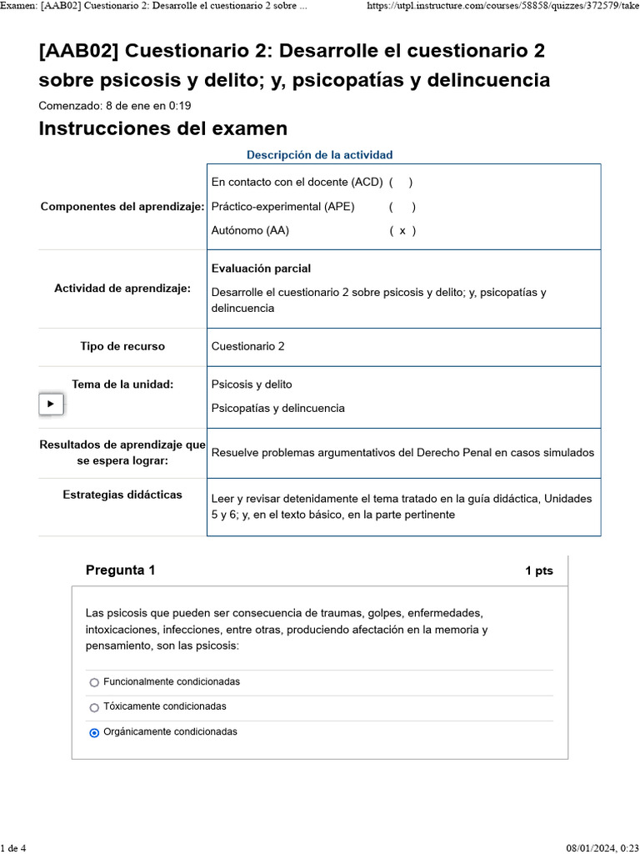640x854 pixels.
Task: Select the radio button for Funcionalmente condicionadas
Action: pos(94,682)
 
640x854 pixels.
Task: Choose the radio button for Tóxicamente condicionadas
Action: pos(94,707)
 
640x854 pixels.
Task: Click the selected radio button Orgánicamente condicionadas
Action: pos(94,732)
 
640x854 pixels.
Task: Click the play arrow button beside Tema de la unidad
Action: pos(51,404)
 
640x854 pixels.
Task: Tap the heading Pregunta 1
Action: pos(120,570)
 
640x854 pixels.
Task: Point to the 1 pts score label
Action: pos(538,571)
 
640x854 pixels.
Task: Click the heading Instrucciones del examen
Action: pos(162,128)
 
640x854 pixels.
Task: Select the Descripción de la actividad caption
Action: pos(319,155)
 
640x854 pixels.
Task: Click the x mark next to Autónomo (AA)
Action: pos(402,231)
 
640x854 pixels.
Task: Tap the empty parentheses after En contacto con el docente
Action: pos(400,182)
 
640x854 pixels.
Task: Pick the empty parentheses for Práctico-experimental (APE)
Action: pos(402,207)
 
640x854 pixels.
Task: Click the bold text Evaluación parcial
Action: pos(261,269)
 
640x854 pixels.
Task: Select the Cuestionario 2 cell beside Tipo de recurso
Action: pos(247,346)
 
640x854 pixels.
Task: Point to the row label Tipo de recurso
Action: pos(122,346)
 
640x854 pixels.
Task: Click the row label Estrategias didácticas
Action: pos(122,495)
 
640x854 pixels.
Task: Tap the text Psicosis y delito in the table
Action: pos(252,384)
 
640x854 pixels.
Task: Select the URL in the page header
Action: pos(502,6)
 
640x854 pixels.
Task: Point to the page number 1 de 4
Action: pos(13,848)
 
